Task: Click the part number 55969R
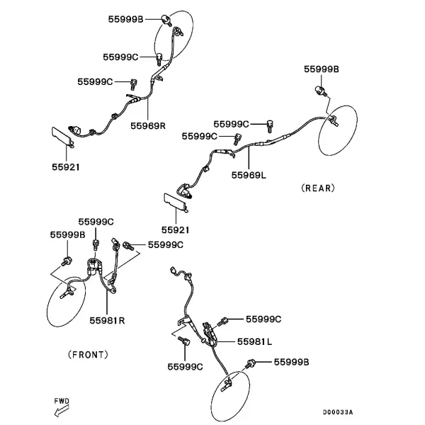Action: click(148, 126)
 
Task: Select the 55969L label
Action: click(249, 175)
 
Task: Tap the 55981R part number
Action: click(107, 320)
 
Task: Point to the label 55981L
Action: click(254, 341)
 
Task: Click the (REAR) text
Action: click(318, 188)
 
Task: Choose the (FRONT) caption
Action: click(88, 355)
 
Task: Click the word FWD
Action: click(62, 401)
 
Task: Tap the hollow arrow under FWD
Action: click(62, 411)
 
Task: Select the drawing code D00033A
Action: click(338, 412)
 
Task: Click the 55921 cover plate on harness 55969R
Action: click(62, 137)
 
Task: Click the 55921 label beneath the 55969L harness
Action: click(175, 229)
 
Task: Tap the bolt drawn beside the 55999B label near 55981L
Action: click(249, 363)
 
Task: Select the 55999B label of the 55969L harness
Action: click(321, 69)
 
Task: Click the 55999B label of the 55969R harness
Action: click(125, 19)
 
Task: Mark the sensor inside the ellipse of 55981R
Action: click(67, 293)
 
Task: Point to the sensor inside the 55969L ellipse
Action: click(334, 120)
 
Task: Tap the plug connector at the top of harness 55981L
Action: click(174, 271)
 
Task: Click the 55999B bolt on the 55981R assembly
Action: click(67, 261)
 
